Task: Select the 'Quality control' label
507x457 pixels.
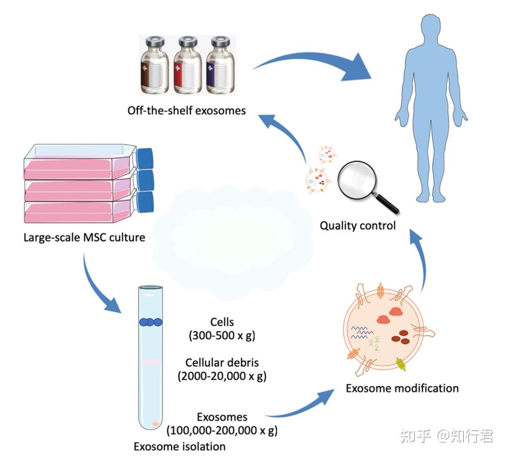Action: [358, 225]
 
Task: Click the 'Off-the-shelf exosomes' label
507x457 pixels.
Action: [186, 111]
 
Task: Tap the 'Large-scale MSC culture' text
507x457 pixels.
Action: [84, 237]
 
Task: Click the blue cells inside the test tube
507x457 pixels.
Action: [150, 322]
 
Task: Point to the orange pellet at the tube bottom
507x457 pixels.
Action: [155, 424]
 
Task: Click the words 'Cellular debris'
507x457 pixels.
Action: [222, 363]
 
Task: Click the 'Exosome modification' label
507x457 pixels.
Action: [402, 388]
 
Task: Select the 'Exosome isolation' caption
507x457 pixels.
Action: [179, 446]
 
